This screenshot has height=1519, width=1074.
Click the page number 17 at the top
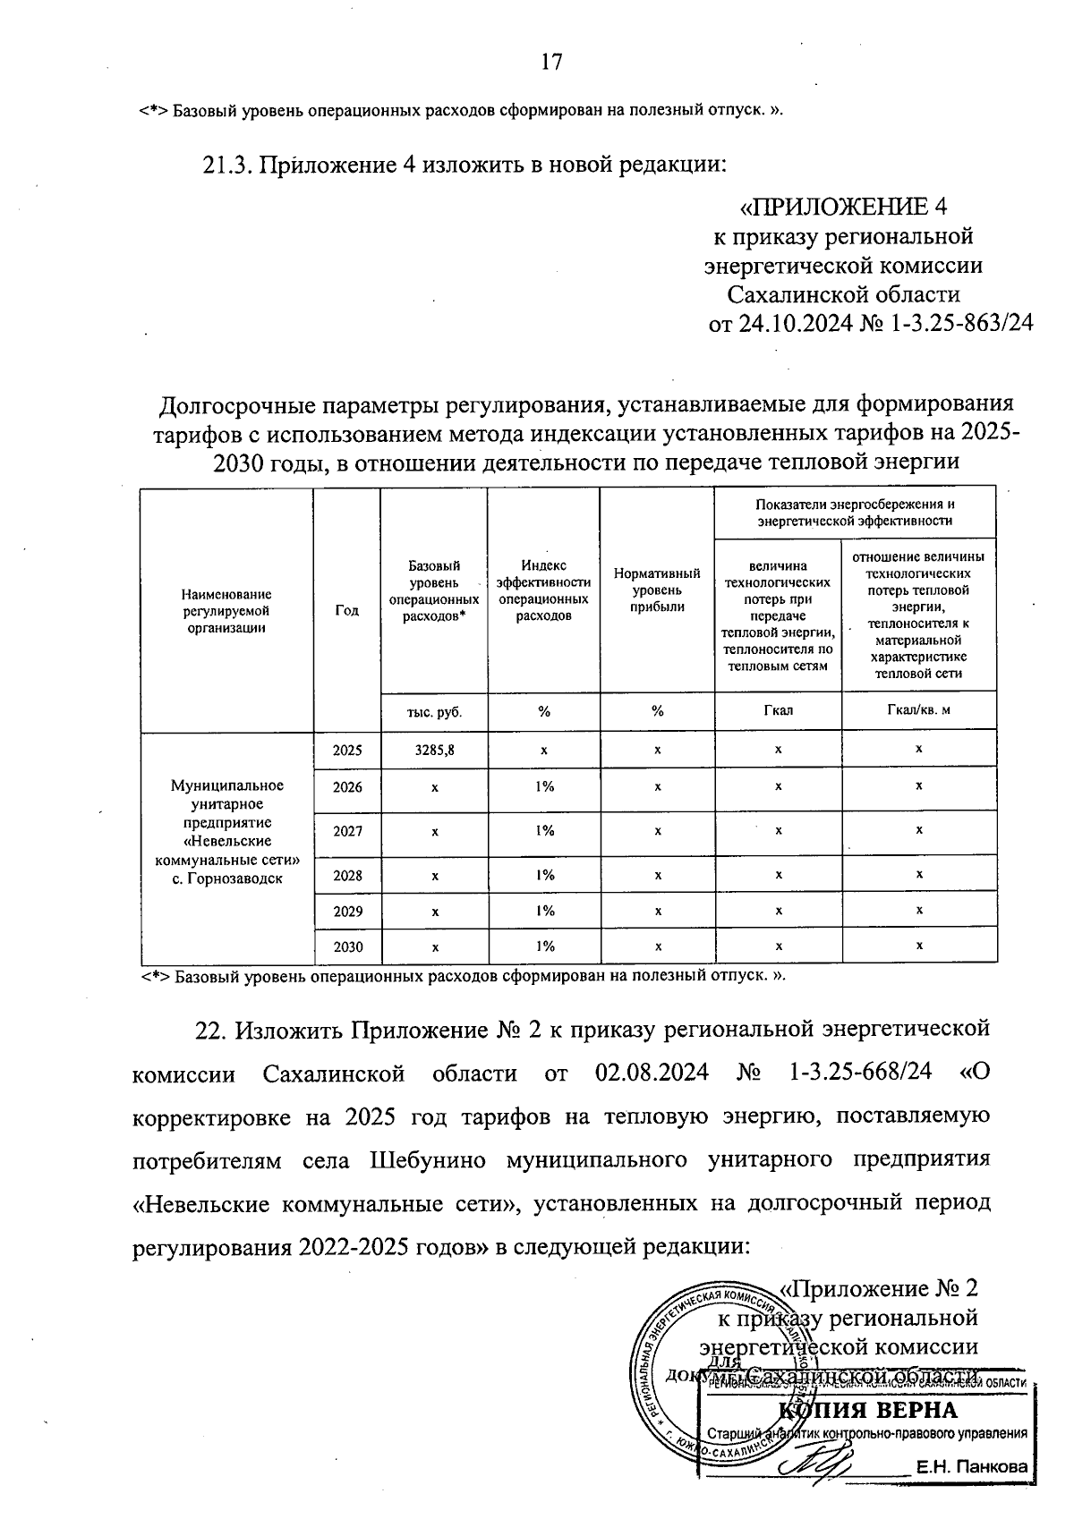(550, 61)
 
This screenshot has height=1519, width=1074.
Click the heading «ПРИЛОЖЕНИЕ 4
(842, 208)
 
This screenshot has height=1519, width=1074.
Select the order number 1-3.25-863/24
(962, 323)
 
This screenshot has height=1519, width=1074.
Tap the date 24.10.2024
(794, 323)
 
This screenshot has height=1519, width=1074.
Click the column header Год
(346, 610)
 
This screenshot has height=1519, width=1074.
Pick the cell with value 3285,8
(434, 751)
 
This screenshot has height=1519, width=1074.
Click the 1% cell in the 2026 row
(544, 786)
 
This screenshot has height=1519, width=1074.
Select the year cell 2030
(347, 946)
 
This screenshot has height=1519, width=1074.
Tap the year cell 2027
(347, 831)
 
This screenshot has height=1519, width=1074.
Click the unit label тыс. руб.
(434, 712)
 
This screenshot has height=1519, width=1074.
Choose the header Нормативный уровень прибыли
(657, 590)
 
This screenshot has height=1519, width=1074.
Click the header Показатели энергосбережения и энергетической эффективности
(854, 512)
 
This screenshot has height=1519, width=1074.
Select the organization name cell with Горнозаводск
(226, 832)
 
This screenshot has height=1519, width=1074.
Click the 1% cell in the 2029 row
(544, 911)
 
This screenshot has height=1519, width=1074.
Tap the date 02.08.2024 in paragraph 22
(651, 1073)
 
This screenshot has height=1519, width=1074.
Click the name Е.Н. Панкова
(970, 1468)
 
